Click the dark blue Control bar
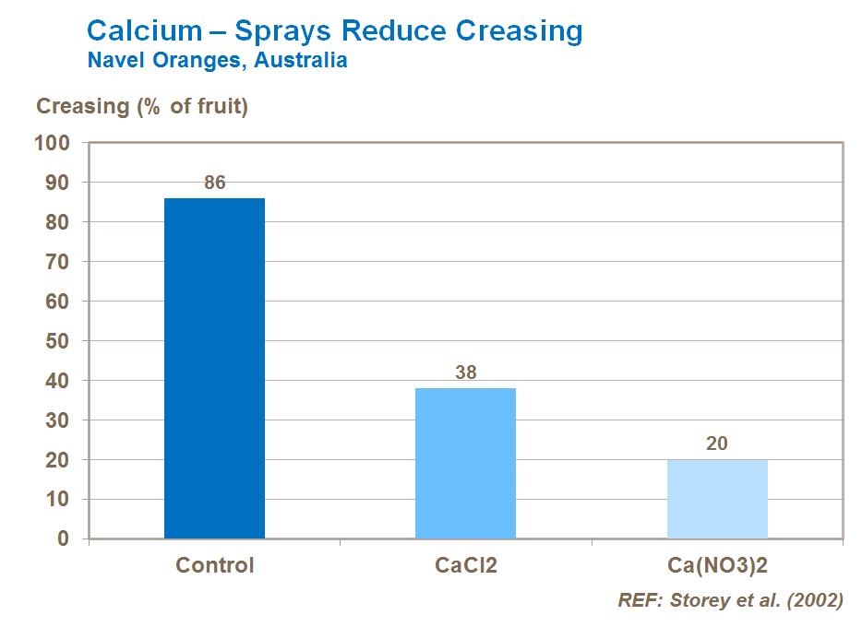click(x=214, y=368)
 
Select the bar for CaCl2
click(x=465, y=463)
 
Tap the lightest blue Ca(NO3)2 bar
click(x=717, y=499)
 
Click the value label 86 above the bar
click(x=214, y=183)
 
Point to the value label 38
click(x=465, y=373)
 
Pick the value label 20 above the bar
click(x=717, y=444)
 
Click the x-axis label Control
click(x=214, y=565)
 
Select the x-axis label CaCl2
click(x=465, y=565)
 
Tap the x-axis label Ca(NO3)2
click(x=717, y=565)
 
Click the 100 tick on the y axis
click(x=52, y=144)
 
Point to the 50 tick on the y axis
click(x=57, y=341)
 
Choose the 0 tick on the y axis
click(x=63, y=539)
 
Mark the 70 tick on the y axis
click(x=57, y=262)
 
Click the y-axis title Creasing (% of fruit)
click(x=142, y=106)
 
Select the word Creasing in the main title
click(x=522, y=30)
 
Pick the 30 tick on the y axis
click(x=57, y=420)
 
